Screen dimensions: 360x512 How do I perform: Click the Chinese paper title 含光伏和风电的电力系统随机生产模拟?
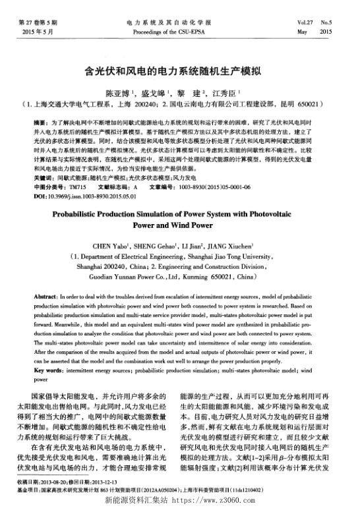[x=180, y=71]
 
